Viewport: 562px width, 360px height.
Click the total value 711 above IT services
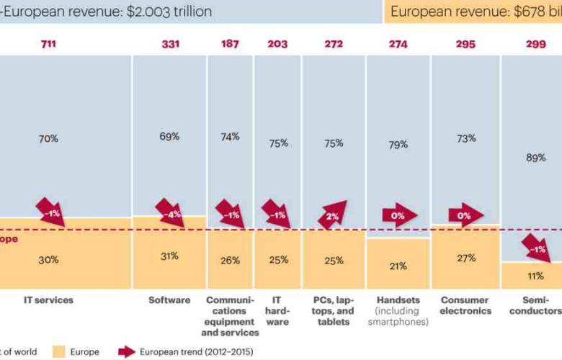pyautogui.click(x=48, y=45)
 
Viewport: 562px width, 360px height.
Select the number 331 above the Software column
pyautogui.click(x=170, y=45)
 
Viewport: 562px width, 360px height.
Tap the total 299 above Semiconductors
pyautogui.click(x=535, y=45)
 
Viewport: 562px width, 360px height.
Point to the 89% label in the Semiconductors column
pyautogui.click(x=535, y=158)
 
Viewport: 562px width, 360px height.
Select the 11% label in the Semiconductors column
pyautogui.click(x=535, y=276)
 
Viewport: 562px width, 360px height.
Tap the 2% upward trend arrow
pyautogui.click(x=332, y=215)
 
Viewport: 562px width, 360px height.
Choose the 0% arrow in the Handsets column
pyautogui.click(x=398, y=215)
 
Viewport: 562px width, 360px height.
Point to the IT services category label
pyautogui.click(x=48, y=300)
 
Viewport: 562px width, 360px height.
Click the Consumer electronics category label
pyautogui.click(x=465, y=305)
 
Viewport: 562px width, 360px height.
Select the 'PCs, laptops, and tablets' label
pyautogui.click(x=334, y=310)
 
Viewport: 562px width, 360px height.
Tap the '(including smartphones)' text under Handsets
pyautogui.click(x=398, y=316)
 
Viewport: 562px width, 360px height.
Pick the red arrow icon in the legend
pyautogui.click(x=128, y=351)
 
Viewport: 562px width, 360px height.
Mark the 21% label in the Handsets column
pyautogui.click(x=398, y=266)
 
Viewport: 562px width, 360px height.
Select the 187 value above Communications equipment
pyautogui.click(x=231, y=45)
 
